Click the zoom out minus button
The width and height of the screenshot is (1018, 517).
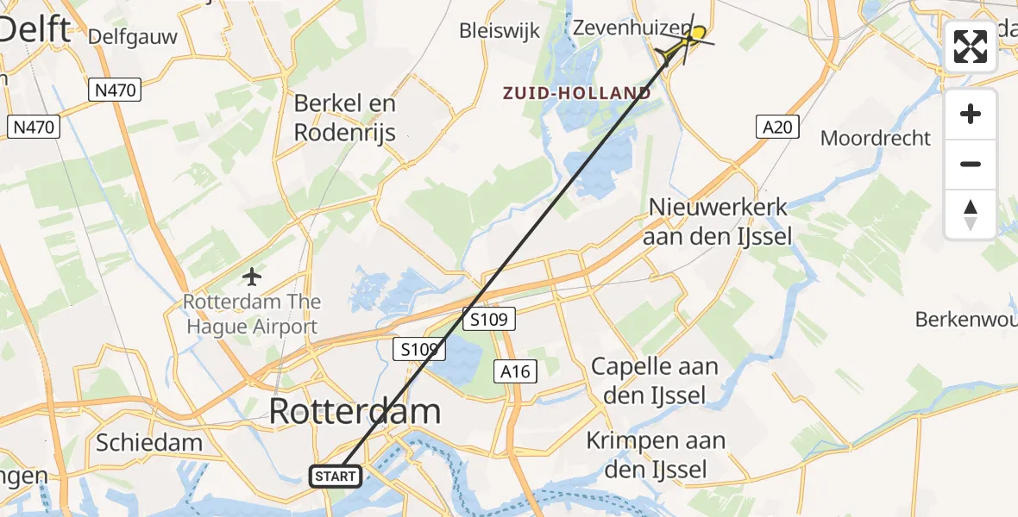pos(971,164)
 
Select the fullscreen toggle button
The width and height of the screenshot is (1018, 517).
pos(971,47)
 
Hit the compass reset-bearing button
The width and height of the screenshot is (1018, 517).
pos(971,214)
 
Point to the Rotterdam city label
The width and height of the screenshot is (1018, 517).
pos(355,411)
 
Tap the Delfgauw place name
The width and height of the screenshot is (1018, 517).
pos(132,36)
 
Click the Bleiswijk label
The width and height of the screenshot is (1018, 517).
pos(500,31)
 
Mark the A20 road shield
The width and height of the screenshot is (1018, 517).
pos(777,128)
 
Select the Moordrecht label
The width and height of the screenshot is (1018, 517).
pos(876,138)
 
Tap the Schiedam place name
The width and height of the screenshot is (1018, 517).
pos(149,443)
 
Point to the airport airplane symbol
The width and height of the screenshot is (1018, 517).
pos(252,277)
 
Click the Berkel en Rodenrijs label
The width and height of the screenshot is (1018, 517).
pos(345,117)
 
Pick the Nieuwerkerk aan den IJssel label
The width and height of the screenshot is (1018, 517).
pos(717,221)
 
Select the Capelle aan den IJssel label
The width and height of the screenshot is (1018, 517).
pos(655,380)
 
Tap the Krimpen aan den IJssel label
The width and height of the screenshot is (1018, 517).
pos(656,455)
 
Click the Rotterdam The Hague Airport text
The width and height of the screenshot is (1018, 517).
pos(252,315)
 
